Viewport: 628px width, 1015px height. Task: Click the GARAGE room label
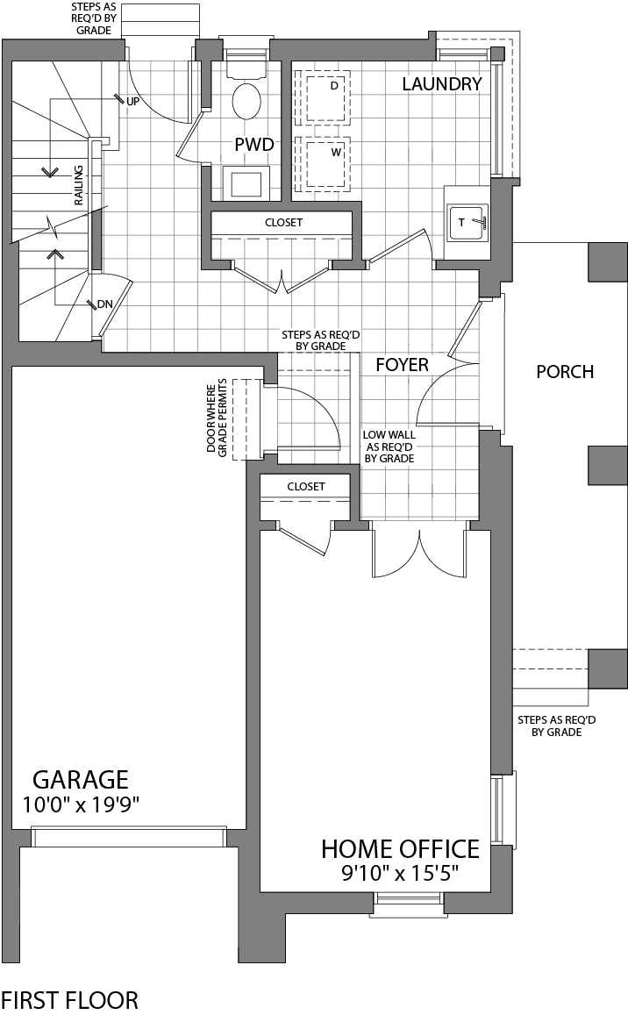tap(81, 779)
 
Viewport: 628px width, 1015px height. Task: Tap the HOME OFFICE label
tap(400, 849)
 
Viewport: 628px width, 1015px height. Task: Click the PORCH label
tap(565, 372)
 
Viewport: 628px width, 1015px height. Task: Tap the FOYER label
tap(402, 365)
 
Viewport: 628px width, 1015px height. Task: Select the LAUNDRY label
tap(442, 84)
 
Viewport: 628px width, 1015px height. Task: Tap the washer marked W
tap(326, 161)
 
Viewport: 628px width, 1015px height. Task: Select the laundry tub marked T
tap(467, 223)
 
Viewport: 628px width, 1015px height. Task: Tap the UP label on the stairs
tap(133, 102)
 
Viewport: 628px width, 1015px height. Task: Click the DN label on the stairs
tap(105, 304)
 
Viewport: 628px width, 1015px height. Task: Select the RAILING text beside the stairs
tap(79, 184)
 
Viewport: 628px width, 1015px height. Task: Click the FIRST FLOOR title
tap(69, 1000)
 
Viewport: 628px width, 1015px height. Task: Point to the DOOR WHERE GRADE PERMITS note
tap(216, 417)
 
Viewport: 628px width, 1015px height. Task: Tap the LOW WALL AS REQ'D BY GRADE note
tap(389, 447)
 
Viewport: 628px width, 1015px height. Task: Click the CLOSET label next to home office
tap(305, 486)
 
